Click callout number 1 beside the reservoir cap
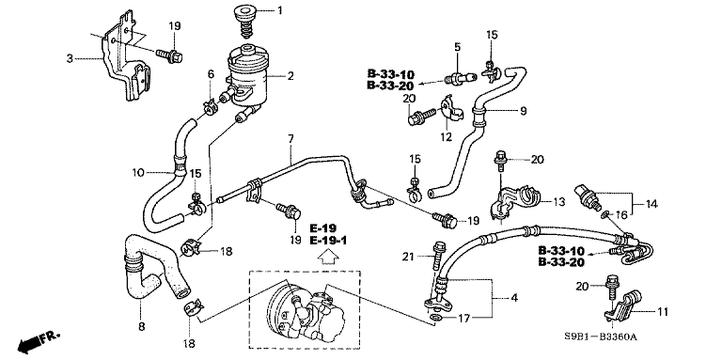point(279,11)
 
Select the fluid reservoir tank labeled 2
point(243,70)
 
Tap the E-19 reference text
point(322,227)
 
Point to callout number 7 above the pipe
point(290,138)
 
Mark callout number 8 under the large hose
point(141,326)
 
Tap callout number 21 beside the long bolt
point(407,255)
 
